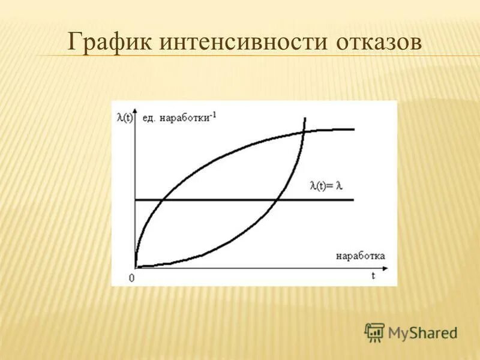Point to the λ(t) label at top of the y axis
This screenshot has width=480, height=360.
pos(125,118)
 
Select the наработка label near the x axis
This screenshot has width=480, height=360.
pos(360,255)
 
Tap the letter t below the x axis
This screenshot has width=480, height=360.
pos(373,275)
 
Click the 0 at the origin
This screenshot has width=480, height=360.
pos(131,278)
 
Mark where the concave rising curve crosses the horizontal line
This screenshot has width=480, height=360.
pos(164,199)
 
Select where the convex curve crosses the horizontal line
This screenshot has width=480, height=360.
pos(277,199)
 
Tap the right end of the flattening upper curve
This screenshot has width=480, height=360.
pos(354,129)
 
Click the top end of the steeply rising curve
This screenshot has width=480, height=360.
pos(305,118)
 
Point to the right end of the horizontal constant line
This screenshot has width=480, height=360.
pos(354,199)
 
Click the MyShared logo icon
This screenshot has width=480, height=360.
pos(374,332)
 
